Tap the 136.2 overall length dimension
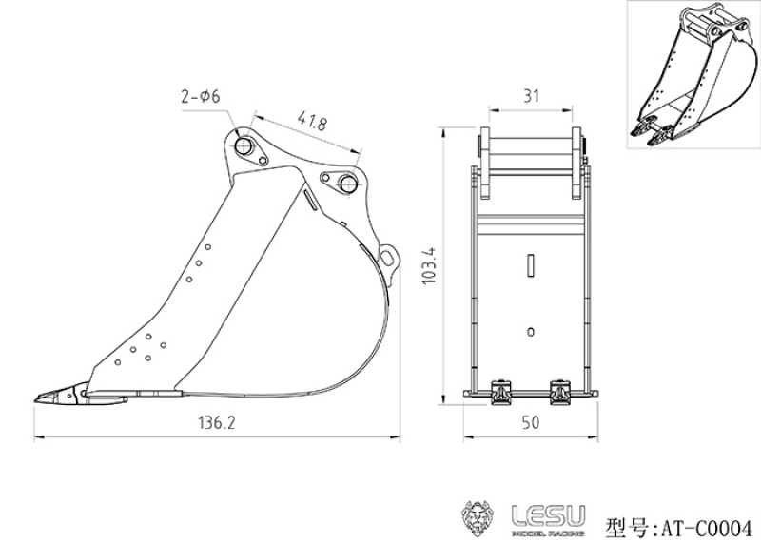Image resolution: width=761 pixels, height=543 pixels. click(x=218, y=423)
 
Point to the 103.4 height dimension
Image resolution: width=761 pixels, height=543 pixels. click(x=430, y=270)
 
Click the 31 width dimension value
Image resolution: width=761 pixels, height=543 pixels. click(x=532, y=96)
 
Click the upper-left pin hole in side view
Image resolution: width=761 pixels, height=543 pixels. click(x=244, y=146)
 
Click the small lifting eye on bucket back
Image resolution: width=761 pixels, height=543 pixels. click(x=387, y=255)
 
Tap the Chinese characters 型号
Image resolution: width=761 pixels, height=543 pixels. click(x=626, y=525)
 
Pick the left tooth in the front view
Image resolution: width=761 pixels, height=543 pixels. click(x=499, y=391)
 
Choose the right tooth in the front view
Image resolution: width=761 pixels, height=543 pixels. click(x=563, y=391)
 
